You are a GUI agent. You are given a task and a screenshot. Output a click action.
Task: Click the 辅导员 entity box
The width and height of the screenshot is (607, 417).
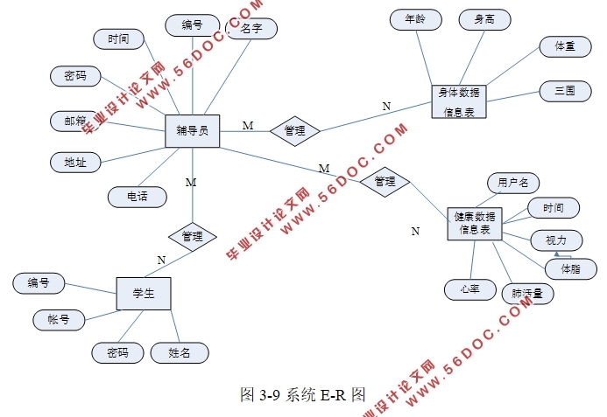(192, 130)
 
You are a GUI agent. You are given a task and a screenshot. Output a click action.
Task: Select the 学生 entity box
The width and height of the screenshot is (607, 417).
(144, 294)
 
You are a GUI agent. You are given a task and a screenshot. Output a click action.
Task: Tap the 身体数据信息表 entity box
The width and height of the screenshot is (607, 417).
(459, 101)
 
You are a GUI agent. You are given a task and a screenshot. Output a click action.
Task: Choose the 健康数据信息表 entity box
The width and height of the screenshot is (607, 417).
(474, 222)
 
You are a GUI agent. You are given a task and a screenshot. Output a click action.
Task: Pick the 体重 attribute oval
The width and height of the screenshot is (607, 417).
(558, 45)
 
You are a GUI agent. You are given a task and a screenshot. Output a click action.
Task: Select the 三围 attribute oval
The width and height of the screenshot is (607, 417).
(558, 90)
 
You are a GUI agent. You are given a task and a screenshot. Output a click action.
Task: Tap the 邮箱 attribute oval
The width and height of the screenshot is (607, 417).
(75, 120)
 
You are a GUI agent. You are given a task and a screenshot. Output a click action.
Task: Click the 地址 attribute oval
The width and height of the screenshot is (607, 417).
(75, 162)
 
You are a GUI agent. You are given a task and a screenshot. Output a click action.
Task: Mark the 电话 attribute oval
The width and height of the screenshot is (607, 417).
(138, 197)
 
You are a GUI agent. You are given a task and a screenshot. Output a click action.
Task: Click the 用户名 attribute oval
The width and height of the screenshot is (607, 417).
(512, 183)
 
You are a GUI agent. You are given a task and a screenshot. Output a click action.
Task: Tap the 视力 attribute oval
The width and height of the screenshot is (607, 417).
(556, 239)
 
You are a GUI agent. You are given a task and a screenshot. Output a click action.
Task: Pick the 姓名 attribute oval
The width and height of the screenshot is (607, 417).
(180, 352)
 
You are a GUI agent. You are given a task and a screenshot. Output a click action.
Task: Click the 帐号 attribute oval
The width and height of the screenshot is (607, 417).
(59, 319)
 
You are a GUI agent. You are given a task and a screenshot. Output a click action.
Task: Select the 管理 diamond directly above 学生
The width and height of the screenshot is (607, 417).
(192, 236)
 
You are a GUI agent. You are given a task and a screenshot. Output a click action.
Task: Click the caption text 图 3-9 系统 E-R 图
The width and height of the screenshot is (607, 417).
(302, 394)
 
